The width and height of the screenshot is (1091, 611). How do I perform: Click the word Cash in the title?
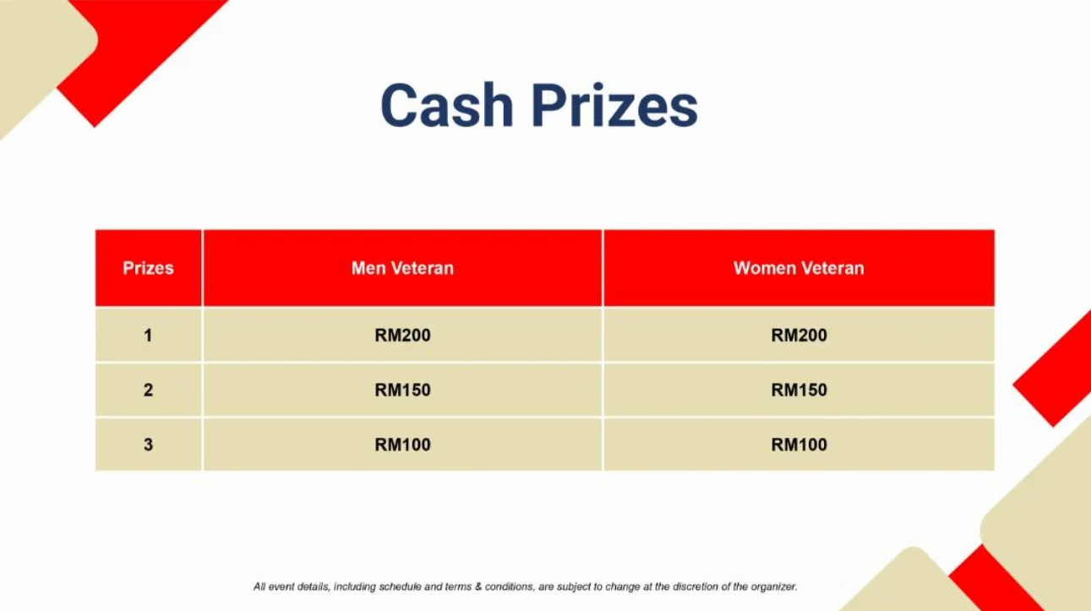(447, 106)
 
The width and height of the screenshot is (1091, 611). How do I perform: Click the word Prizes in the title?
(614, 106)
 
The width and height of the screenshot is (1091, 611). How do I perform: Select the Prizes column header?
(148, 268)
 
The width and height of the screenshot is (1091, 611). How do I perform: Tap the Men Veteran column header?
(402, 268)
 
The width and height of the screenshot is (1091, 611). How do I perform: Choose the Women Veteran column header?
(799, 268)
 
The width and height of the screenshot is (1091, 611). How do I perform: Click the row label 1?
(148, 336)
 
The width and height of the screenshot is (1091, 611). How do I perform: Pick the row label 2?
(148, 390)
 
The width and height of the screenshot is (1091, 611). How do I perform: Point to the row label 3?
(148, 445)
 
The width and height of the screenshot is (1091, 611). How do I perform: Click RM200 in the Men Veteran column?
(402, 336)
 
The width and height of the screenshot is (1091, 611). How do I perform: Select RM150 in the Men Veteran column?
(402, 390)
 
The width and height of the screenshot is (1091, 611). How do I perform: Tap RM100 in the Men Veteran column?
(402, 445)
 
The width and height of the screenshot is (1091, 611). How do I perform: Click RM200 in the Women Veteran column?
(799, 336)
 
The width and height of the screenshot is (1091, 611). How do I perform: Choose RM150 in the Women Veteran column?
(799, 390)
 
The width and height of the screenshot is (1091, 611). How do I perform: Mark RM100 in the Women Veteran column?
(799, 445)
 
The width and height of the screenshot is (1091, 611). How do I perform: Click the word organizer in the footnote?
(773, 587)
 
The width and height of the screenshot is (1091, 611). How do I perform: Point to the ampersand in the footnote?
(478, 586)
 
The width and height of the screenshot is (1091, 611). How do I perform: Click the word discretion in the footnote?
(696, 586)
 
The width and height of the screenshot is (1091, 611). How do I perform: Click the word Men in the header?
(368, 268)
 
